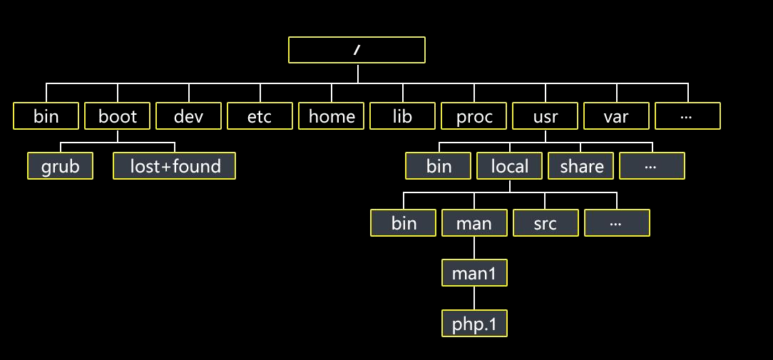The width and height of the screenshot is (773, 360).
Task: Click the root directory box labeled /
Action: point(357,50)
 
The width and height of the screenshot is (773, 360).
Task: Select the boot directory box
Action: point(118,116)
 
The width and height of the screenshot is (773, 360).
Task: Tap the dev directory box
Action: point(189,116)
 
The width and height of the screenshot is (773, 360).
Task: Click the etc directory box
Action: point(260,116)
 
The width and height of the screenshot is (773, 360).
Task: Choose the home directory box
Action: point(332,116)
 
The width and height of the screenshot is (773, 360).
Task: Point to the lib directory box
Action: point(402,116)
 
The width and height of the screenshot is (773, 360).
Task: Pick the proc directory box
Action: point(474,116)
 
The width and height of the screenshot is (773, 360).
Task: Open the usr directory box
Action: point(545,116)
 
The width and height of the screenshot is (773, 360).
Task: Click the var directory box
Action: point(616,116)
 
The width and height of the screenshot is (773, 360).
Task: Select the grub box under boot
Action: point(61,166)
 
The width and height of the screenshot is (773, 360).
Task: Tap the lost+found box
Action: point(175,166)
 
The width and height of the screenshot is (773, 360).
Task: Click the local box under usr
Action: point(510,166)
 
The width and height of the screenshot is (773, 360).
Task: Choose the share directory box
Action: point(581,166)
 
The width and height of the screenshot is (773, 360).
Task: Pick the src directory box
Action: point(546,223)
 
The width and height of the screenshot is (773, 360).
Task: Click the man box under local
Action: point(474,223)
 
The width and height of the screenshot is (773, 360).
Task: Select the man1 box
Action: point(474,273)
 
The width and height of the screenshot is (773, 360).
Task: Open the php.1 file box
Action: point(474,324)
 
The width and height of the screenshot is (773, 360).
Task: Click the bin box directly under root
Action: point(46,116)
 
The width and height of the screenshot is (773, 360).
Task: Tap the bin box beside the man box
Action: point(404,223)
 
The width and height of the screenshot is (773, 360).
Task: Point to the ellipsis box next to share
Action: point(652,166)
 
